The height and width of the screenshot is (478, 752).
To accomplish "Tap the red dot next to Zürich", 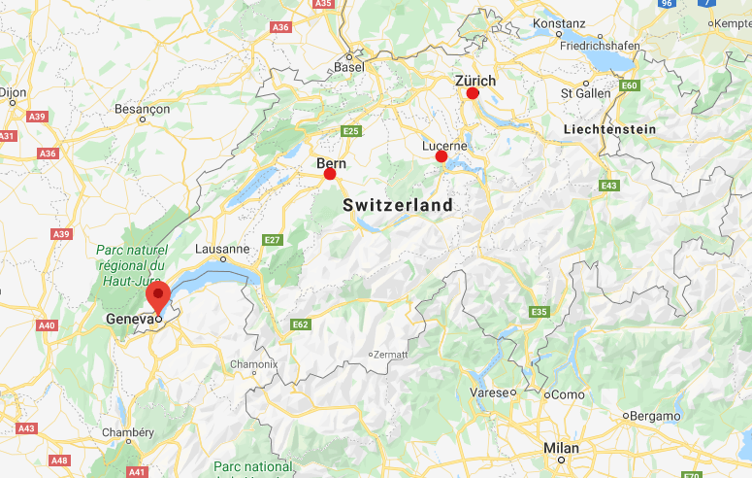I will (x=473, y=93).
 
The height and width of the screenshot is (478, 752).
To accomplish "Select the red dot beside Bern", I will (x=330, y=174).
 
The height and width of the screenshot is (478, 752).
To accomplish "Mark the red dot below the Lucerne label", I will (x=441, y=156).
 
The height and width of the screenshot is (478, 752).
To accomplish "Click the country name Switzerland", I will (x=398, y=205).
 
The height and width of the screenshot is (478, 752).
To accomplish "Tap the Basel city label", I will (x=348, y=67).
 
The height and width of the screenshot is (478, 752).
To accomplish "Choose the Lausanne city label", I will (x=222, y=249).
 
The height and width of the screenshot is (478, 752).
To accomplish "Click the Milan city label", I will (x=561, y=448).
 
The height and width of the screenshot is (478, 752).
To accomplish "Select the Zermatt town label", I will (x=388, y=355).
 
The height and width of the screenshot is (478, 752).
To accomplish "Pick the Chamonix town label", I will (x=253, y=364).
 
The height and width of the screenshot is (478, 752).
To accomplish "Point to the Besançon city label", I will (x=142, y=109).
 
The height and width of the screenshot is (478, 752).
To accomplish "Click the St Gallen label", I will (x=585, y=93).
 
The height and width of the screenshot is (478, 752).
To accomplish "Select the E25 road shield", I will (x=350, y=131).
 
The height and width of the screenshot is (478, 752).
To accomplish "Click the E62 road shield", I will (x=300, y=324).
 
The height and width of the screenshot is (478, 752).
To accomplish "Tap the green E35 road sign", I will (x=539, y=311).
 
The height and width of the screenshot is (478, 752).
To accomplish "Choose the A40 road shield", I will (x=46, y=325).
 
